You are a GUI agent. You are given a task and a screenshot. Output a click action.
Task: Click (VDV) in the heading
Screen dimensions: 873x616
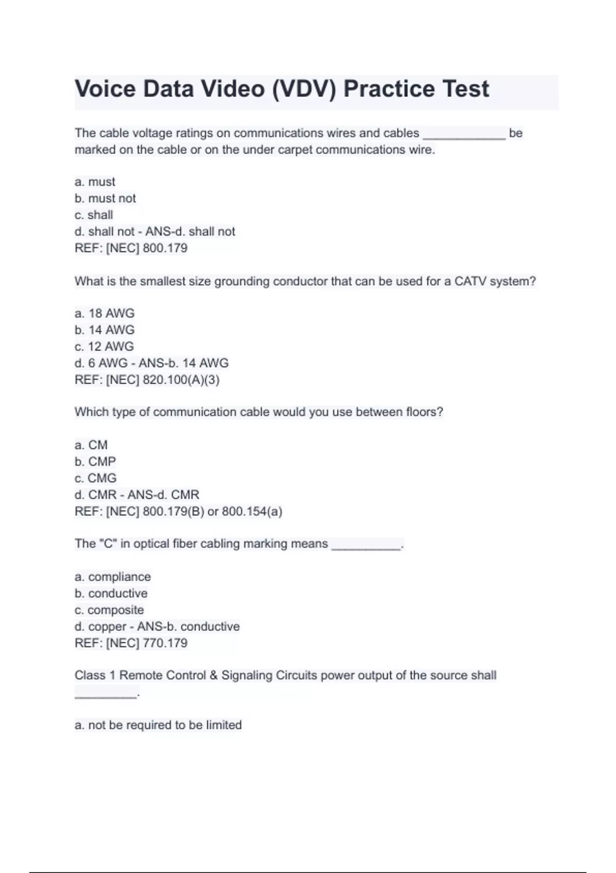point(303,89)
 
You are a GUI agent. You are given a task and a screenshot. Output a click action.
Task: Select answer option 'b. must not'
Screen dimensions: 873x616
point(105,198)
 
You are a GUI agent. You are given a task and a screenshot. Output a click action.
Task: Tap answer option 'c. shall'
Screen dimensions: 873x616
point(93,215)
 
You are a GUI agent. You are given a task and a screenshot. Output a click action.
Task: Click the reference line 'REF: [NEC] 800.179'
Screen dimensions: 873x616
point(131,248)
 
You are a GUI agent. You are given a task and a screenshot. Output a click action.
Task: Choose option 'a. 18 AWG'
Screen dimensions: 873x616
point(104,313)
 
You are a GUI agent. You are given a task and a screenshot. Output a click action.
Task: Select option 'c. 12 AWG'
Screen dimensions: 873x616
point(104,347)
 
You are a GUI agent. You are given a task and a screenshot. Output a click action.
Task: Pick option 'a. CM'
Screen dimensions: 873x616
point(91,445)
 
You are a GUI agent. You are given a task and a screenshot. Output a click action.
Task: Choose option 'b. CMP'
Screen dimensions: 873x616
point(95,461)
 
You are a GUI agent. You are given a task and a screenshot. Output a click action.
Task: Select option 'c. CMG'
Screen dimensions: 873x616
point(95,478)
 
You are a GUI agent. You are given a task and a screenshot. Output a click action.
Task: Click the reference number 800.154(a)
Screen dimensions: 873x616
point(252,511)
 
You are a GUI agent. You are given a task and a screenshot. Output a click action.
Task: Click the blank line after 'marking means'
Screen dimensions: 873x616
point(366,545)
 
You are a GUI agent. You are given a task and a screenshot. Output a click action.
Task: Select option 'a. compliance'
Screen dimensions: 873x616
point(112,577)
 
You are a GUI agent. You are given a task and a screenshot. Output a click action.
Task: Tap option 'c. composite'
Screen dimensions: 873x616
point(109,610)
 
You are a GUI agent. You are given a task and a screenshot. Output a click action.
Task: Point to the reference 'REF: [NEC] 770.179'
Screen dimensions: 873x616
point(131,643)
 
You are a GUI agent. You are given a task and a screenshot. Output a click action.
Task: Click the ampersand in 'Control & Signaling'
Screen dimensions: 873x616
point(214,675)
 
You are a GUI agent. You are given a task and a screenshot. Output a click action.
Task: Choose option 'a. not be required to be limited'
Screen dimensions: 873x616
point(158,725)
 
